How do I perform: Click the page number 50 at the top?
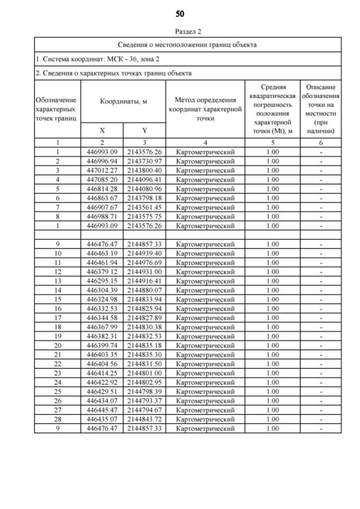click(180, 13)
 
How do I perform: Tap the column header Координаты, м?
click(123, 101)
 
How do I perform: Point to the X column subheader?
click(102, 130)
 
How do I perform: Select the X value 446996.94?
click(102, 161)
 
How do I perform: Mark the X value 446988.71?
click(102, 217)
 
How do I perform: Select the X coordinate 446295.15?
click(102, 281)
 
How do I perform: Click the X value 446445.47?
click(102, 411)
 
